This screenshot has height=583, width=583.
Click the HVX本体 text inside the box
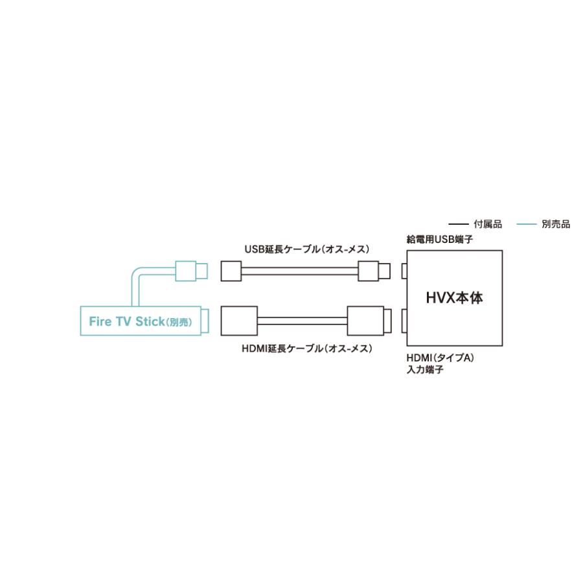click(454, 298)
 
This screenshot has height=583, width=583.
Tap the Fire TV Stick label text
click(126, 321)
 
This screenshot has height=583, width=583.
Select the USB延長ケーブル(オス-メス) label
click(307, 249)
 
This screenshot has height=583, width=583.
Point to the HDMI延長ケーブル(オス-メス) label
click(307, 349)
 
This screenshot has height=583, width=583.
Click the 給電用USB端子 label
click(439, 239)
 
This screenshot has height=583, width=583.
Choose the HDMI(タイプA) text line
click(440, 358)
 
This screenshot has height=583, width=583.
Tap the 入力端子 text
click(425, 370)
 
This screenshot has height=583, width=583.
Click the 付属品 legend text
click(487, 224)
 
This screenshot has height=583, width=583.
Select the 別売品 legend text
click(556, 224)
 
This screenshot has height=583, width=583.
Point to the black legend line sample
click(459, 224)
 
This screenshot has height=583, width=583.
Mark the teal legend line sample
click(527, 224)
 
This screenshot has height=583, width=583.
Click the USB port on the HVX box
click(404, 271)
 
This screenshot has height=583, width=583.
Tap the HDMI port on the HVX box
click(404, 321)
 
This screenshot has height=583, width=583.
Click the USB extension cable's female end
click(231, 271)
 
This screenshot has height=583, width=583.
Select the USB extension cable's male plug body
click(369, 271)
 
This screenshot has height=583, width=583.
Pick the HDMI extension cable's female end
click(239, 321)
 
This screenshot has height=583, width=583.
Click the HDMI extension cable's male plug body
click(365, 321)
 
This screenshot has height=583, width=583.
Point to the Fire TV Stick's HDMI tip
click(205, 321)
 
